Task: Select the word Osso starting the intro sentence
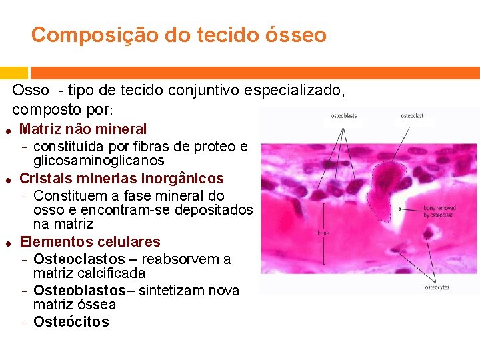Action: tap(31, 91)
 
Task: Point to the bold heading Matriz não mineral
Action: tap(83, 129)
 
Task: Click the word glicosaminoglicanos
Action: tap(99, 161)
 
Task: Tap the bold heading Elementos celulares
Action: tap(90, 241)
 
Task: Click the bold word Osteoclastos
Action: tap(79, 259)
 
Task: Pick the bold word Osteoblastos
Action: tap(79, 291)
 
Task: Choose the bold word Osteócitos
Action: tap(71, 322)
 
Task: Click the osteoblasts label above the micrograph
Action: tap(343, 116)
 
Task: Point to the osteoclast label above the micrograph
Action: tap(412, 116)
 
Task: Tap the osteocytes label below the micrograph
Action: tap(437, 287)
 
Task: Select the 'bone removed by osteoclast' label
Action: tap(437, 212)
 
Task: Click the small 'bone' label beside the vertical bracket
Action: tap(322, 233)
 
